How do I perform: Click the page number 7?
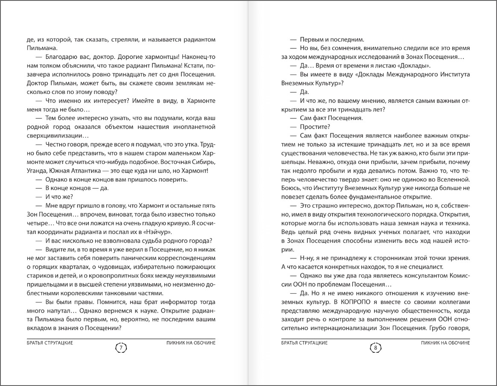pyautogui.click(x=121, y=348)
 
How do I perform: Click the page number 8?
pyautogui.click(x=375, y=348)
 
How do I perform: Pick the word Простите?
pyautogui.click(x=314, y=126)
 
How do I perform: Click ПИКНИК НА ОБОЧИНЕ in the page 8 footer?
pyautogui.click(x=446, y=342)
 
